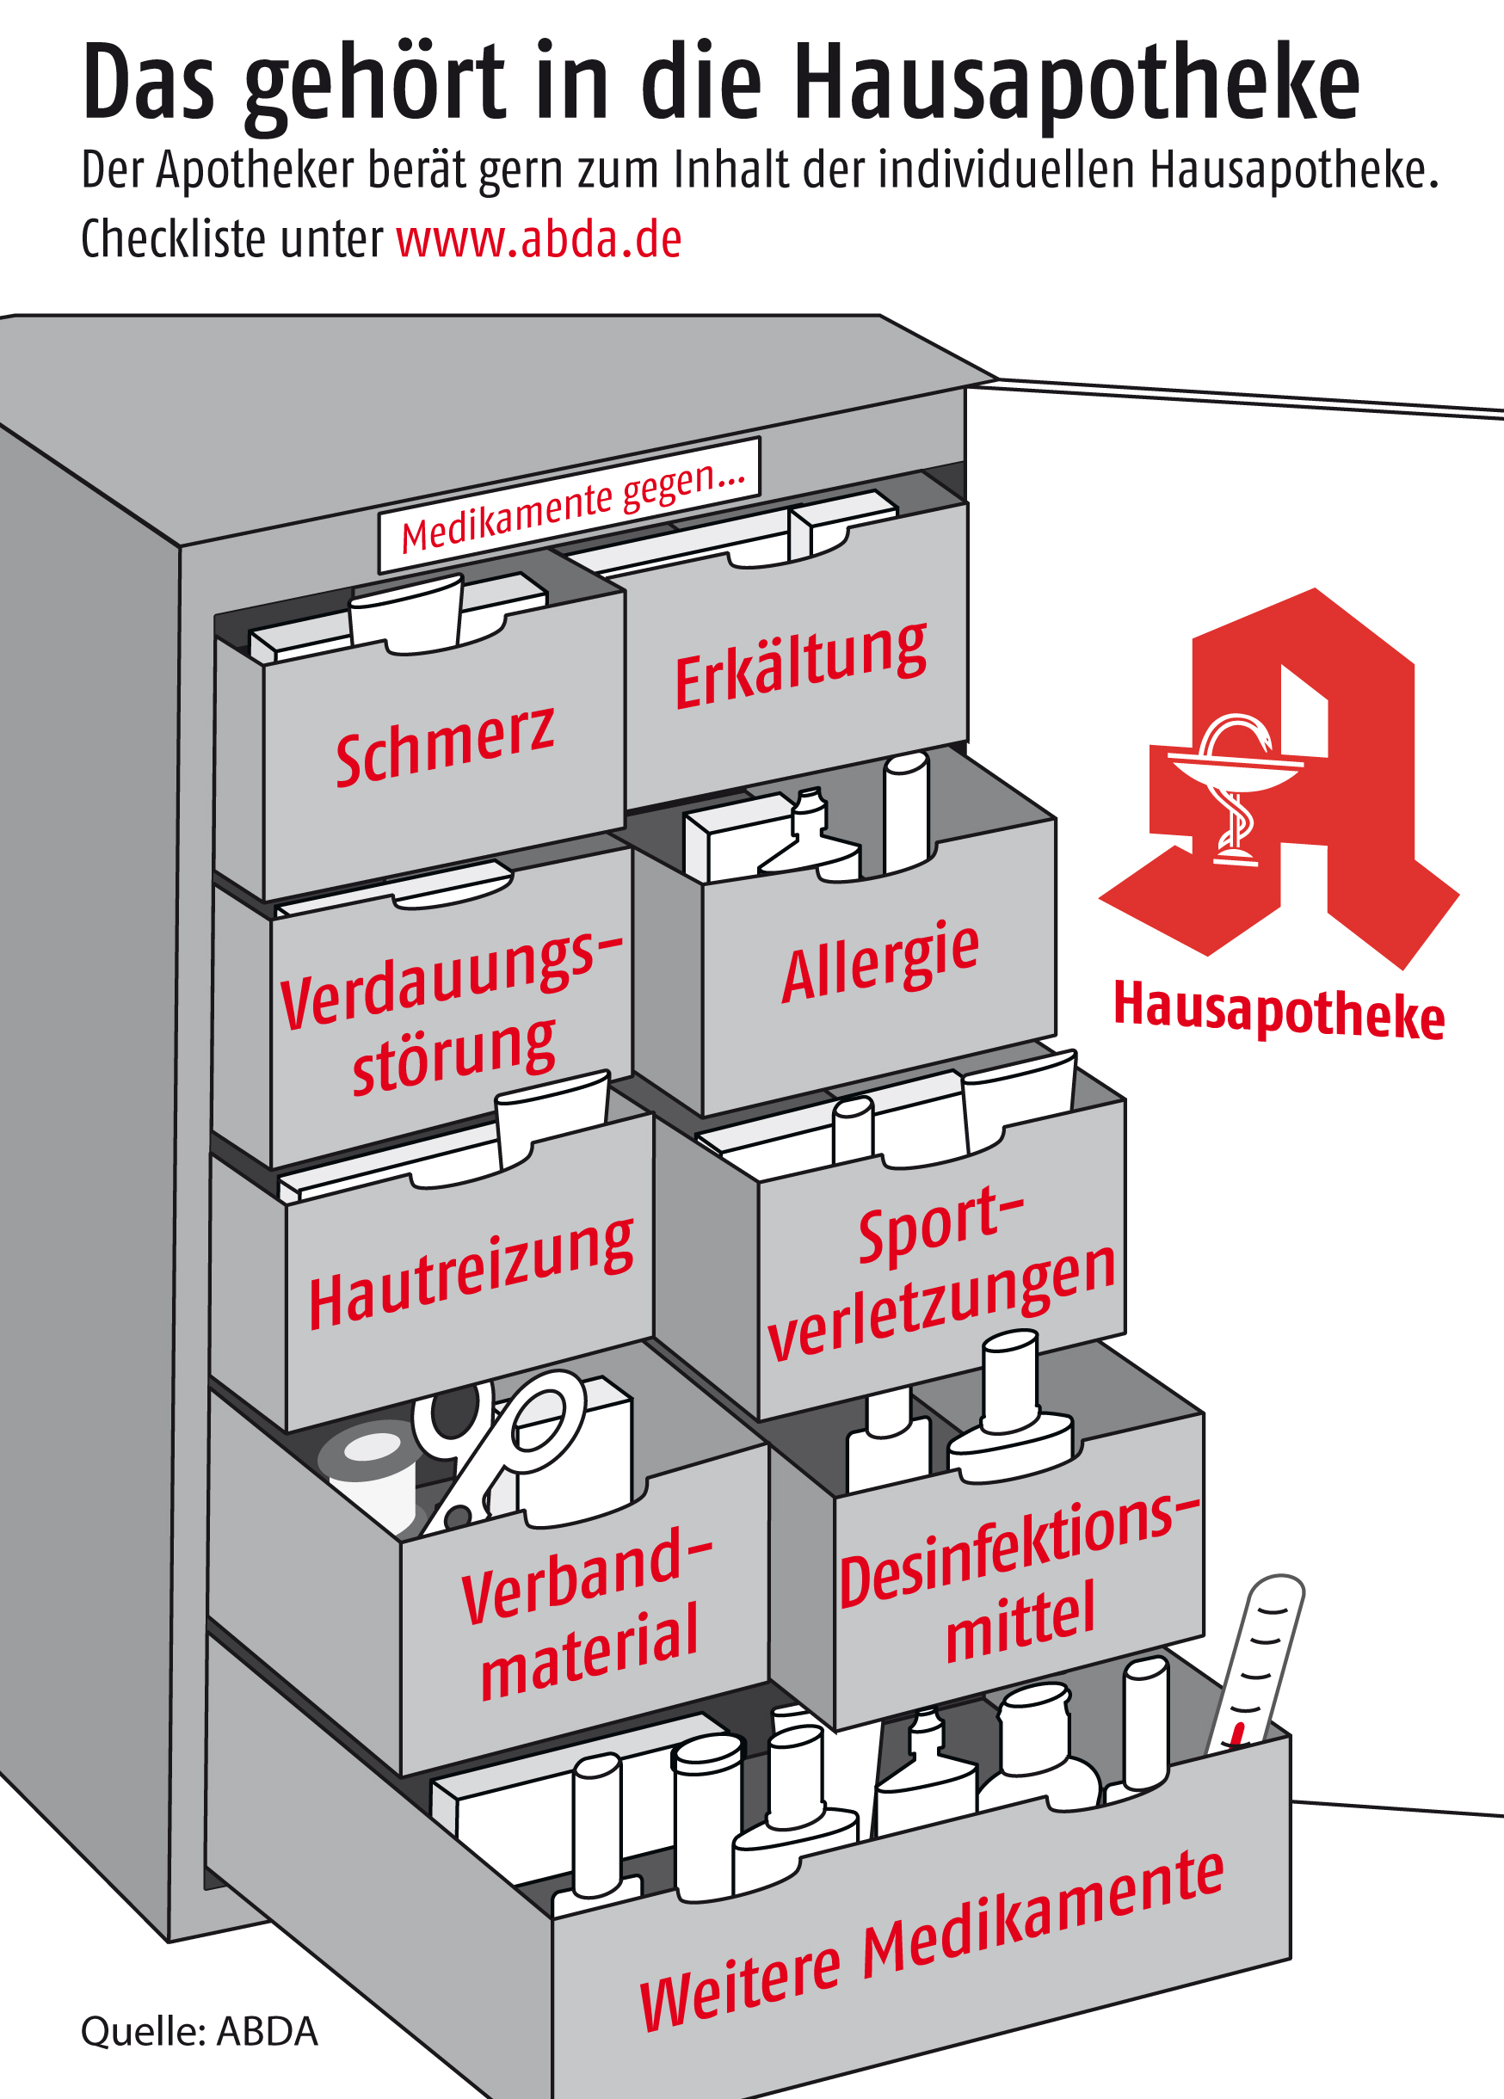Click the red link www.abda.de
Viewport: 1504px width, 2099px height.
coord(539,240)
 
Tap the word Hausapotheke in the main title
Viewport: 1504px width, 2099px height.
coord(1076,85)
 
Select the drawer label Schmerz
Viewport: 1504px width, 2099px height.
coord(445,745)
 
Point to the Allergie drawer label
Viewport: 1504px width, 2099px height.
coord(880,963)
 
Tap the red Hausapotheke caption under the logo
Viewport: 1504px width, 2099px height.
coord(1279,1011)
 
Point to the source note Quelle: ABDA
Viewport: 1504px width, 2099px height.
coord(199,2031)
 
